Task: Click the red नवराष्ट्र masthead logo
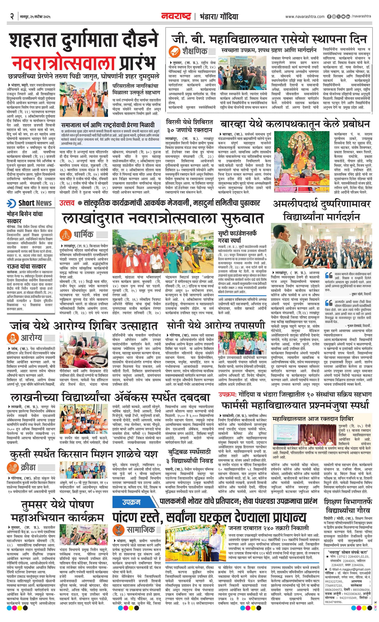(x=176, y=16)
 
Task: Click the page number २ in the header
(x=12, y=17)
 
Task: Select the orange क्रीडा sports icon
(x=13, y=467)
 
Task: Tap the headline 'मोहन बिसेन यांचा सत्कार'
(x=25, y=217)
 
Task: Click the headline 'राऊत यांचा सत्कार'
(x=26, y=266)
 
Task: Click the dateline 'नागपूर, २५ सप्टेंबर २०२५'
(x=35, y=17)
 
